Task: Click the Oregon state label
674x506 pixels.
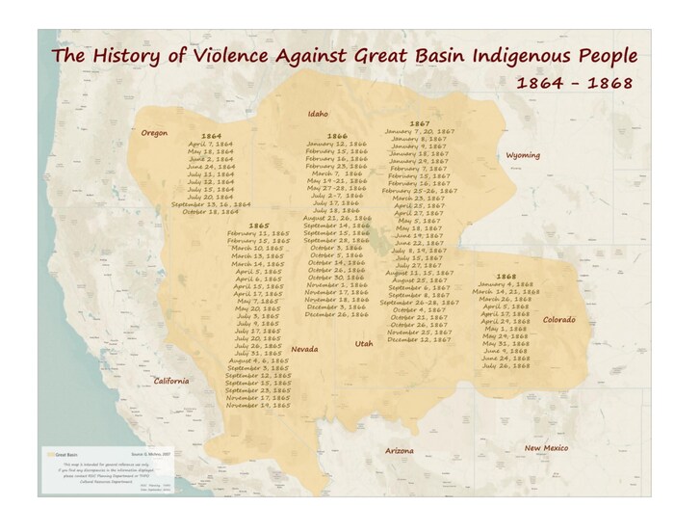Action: click(x=154, y=132)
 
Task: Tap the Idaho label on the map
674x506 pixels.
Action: click(x=318, y=113)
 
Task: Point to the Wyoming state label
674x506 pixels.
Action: click(x=523, y=155)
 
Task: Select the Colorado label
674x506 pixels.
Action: click(x=558, y=319)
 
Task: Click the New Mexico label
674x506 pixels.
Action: click(x=546, y=448)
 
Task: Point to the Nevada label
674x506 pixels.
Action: click(x=304, y=349)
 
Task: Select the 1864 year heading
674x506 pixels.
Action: click(x=211, y=136)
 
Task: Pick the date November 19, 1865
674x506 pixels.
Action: click(x=258, y=406)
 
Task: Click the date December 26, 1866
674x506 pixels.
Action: click(x=336, y=314)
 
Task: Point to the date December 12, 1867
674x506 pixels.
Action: click(x=419, y=339)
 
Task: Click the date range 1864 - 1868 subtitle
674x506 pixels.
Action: click(x=574, y=83)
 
